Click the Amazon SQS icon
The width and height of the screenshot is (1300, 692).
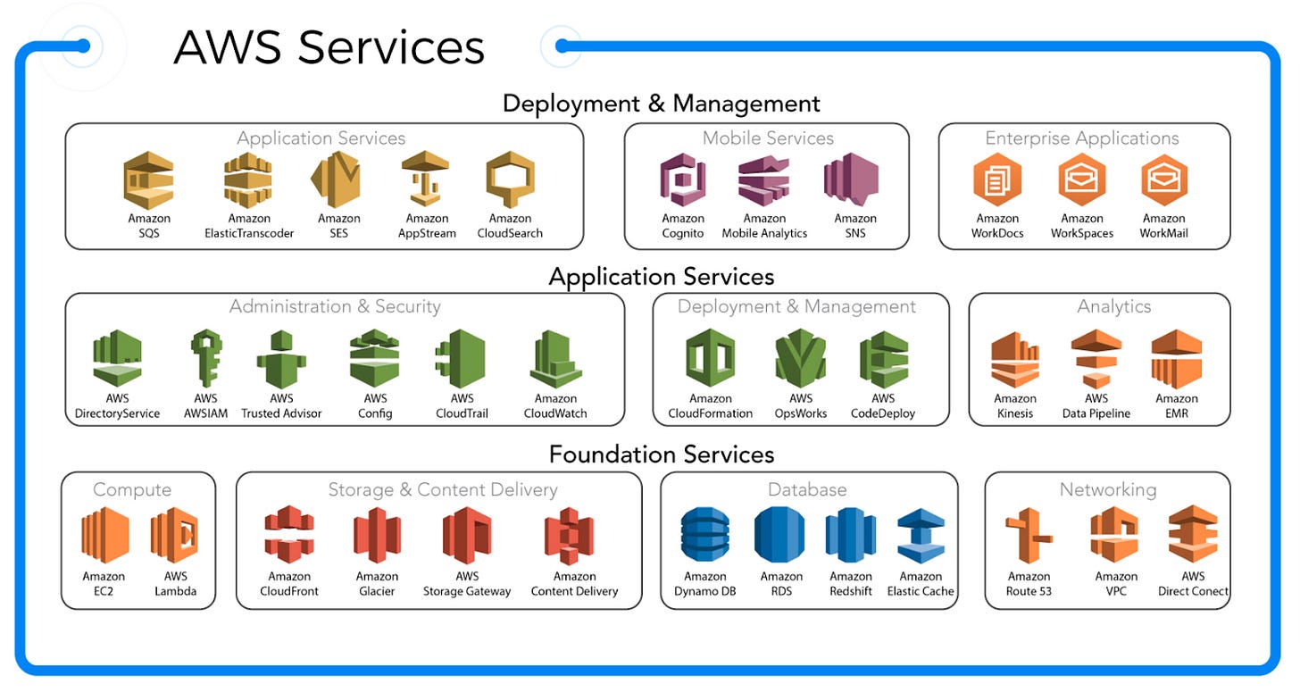click(x=149, y=180)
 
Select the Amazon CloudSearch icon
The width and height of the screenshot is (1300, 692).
click(x=510, y=180)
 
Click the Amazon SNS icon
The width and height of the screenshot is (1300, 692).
click(x=854, y=180)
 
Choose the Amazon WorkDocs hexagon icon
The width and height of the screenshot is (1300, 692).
click(x=996, y=180)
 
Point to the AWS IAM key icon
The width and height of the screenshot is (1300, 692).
click(x=205, y=359)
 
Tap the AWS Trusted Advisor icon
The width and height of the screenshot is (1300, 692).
click(x=281, y=359)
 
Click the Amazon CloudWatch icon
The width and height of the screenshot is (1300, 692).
click(x=555, y=359)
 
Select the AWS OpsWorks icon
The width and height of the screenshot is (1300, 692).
click(x=801, y=359)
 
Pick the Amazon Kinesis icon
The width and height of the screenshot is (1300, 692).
click(x=1015, y=359)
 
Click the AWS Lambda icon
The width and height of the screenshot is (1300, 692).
click(x=175, y=536)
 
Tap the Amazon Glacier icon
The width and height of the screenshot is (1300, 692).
click(x=377, y=536)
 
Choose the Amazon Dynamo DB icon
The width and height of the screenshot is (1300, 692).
click(x=704, y=536)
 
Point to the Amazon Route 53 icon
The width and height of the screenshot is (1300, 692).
click(x=1029, y=536)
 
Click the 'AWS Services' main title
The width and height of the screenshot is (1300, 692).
click(x=329, y=46)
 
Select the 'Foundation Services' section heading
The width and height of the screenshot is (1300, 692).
click(x=661, y=454)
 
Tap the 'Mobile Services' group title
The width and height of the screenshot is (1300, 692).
click(x=768, y=138)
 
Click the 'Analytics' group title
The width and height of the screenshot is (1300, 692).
click(x=1113, y=306)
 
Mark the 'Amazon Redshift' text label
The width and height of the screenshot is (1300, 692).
click(x=850, y=584)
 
